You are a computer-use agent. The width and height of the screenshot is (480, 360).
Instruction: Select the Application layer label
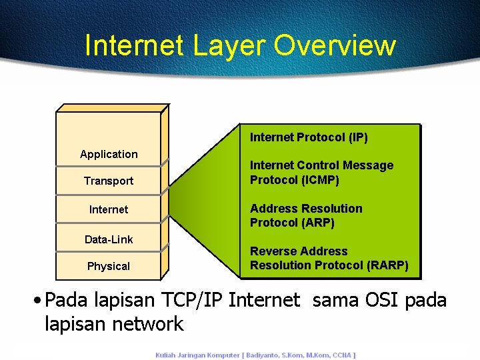point(109,154)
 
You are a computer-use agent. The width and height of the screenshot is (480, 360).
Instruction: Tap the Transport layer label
point(109,181)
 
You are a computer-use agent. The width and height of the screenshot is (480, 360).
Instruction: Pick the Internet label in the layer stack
point(109,209)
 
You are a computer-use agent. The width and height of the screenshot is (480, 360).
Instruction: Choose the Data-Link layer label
point(109,239)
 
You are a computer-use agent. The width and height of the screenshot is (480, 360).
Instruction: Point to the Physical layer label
point(109,266)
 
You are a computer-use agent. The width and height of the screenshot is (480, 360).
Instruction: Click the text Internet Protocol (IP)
point(309,137)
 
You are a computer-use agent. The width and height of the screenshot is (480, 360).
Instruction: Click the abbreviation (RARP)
point(387,265)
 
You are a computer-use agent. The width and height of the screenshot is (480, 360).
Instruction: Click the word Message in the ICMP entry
point(367,165)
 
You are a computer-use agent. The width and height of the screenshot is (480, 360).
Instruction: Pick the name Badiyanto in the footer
point(267,355)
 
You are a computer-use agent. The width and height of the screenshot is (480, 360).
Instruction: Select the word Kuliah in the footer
point(165,355)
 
